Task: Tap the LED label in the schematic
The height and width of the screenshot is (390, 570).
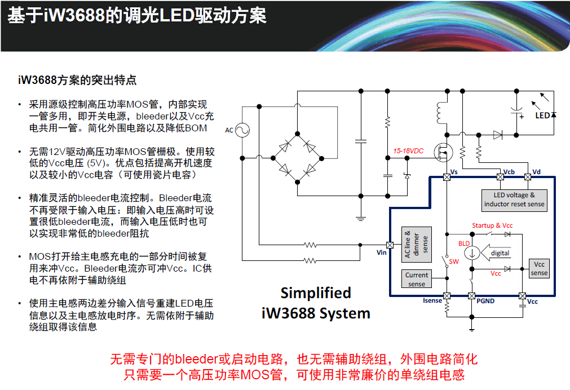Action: [x=542, y=116]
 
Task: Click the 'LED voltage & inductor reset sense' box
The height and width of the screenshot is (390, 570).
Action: [x=514, y=200]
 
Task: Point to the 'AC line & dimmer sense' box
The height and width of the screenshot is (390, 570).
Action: [x=416, y=244]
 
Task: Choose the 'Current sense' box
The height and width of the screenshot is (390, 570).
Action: [x=417, y=279]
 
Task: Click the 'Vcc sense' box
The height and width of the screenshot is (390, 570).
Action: [x=539, y=269]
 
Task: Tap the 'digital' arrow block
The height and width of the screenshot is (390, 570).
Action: [x=499, y=253]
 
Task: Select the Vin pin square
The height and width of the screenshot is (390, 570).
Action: [x=389, y=245]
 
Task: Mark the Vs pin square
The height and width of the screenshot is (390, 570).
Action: [x=447, y=177]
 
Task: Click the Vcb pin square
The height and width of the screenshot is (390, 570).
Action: [x=500, y=177]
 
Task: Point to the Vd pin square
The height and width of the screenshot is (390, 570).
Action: [x=528, y=177]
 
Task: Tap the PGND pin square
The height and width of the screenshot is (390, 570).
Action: [x=472, y=295]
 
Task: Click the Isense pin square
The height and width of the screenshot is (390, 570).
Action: [x=447, y=295]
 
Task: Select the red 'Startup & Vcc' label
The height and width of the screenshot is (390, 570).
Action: [x=492, y=225]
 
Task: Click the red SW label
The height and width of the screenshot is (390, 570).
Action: [x=454, y=262]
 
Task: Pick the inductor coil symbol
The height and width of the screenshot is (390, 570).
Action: [x=440, y=112]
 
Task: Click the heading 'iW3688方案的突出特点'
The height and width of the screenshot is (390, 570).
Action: [x=77, y=80]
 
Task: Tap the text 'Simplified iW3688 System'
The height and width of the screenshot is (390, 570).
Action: [x=316, y=303]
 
